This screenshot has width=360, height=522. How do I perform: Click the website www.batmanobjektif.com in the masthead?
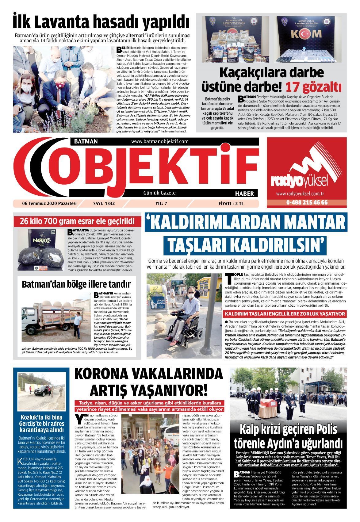point(159,141)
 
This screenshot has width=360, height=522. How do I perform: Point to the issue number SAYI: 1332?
point(104,203)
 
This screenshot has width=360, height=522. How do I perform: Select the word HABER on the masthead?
point(244,194)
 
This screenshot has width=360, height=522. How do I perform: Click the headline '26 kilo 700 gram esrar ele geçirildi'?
point(77,221)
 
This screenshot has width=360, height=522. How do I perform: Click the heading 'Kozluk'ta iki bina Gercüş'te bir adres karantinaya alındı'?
point(42,423)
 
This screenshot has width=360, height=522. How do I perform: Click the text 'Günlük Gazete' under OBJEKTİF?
point(159,193)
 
